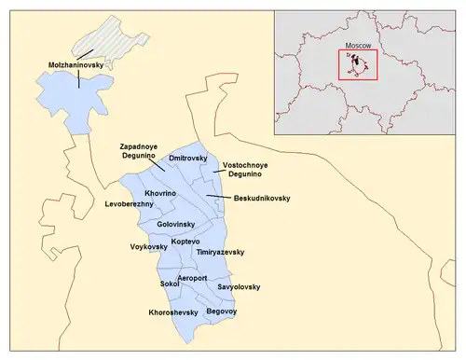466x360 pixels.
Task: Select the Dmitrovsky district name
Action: [x=186, y=159]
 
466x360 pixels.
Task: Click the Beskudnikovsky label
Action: [x=263, y=198]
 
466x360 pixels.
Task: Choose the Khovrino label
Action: [x=159, y=192]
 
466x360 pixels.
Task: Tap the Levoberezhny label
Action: [x=129, y=202]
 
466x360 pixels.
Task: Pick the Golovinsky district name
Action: [x=175, y=225]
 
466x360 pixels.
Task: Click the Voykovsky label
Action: [x=147, y=246]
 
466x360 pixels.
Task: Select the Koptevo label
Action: [x=186, y=242]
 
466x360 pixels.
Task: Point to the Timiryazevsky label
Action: [x=220, y=253]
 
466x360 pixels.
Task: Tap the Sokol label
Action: [x=170, y=283]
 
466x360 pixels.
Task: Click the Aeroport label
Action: [x=192, y=278]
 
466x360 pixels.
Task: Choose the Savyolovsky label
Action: [x=240, y=286]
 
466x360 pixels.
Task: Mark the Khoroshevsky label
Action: [x=173, y=312]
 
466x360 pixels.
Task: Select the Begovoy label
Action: [x=222, y=310]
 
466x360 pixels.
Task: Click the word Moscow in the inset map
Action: [x=358, y=44]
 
